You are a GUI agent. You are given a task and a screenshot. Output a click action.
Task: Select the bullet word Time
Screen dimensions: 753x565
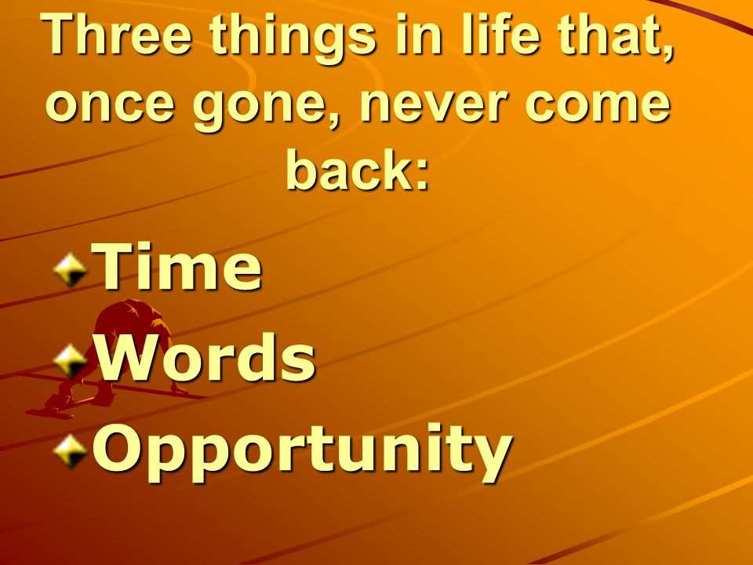[x=177, y=265]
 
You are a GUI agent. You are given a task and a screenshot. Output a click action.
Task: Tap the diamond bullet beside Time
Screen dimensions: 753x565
[x=71, y=270]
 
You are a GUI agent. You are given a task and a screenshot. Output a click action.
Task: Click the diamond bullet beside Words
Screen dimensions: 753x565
[x=71, y=360]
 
